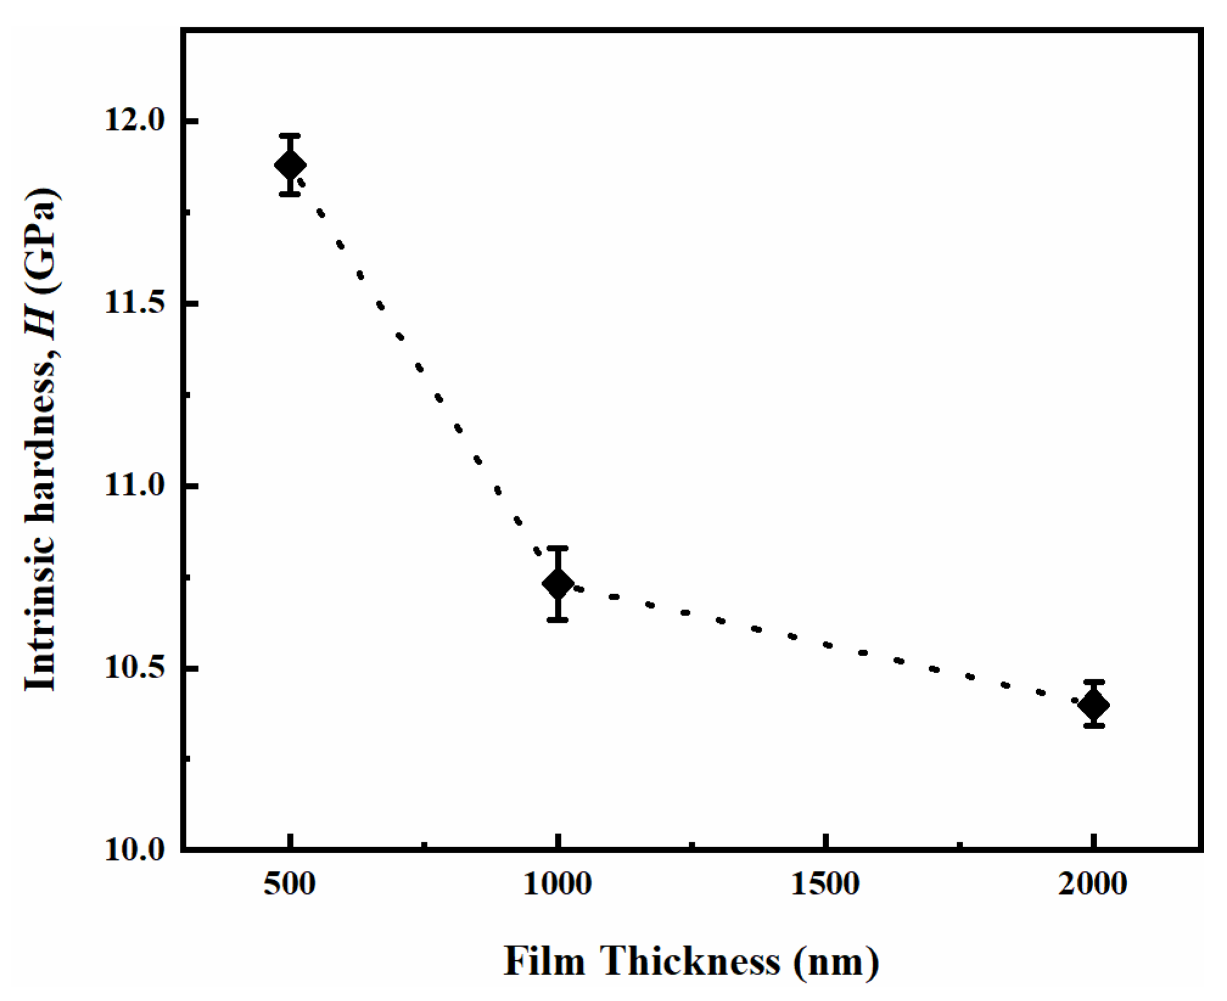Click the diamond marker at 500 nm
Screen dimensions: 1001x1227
[290, 165]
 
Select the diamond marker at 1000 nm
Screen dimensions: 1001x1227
[557, 584]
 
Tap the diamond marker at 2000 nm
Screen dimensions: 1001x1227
[1094, 705]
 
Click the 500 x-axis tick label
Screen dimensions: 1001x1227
[290, 884]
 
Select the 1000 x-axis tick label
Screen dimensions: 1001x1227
[557, 884]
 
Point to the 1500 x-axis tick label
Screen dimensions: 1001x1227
[825, 884]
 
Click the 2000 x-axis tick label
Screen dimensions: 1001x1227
[1093, 884]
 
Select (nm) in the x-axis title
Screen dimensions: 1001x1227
[836, 961]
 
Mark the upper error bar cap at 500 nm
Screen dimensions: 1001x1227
[290, 136]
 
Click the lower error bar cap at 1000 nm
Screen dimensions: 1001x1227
[557, 620]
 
